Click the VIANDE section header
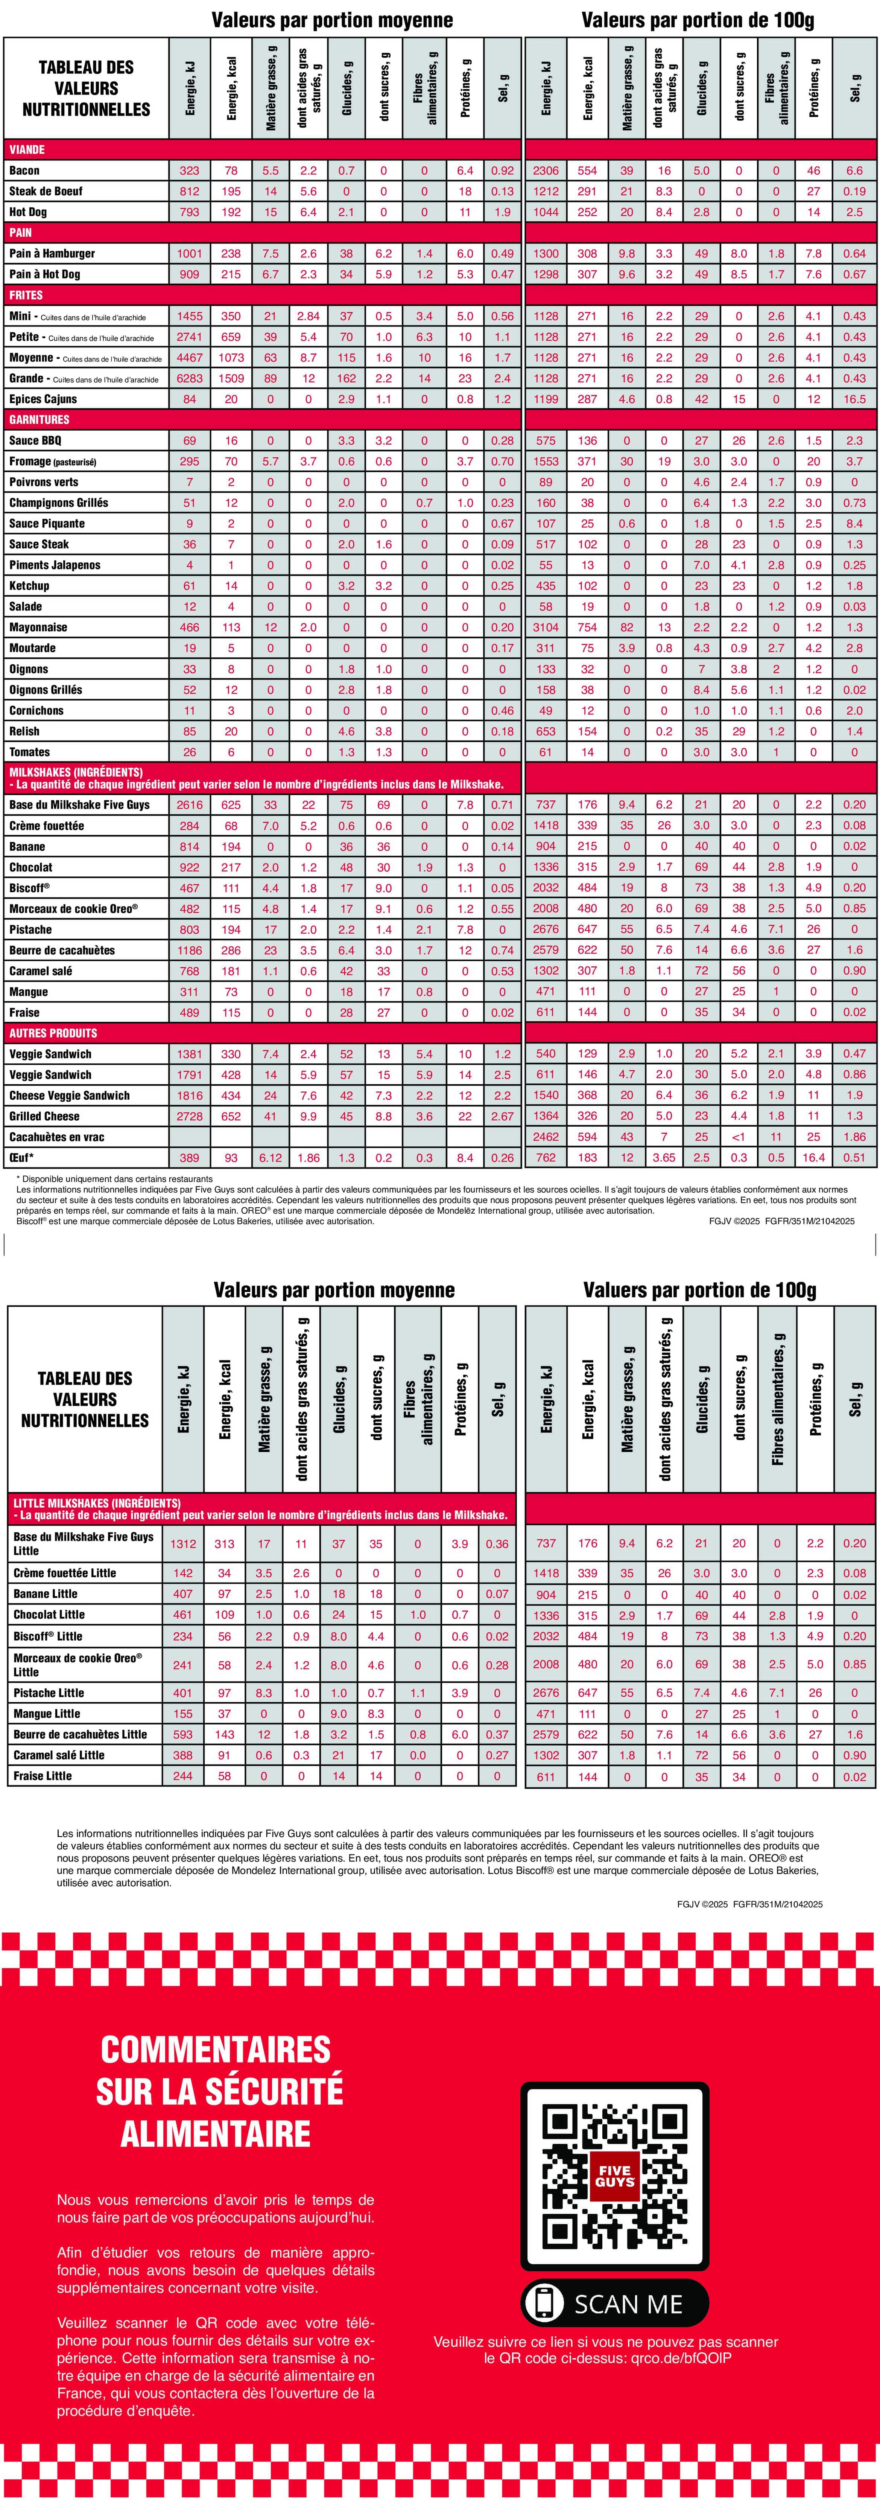[x=27, y=149]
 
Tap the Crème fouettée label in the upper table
[x=47, y=826]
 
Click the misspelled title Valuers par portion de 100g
[x=699, y=1290]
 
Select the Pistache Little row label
[x=49, y=1693]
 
